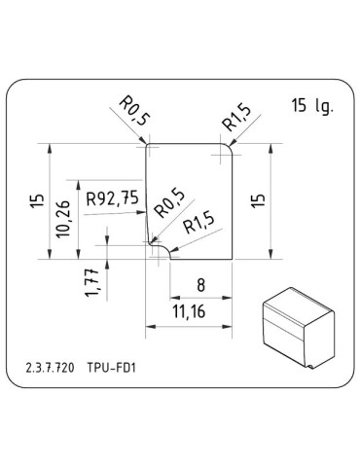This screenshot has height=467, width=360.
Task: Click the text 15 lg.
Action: (x=310, y=106)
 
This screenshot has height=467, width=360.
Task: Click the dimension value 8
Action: (x=200, y=286)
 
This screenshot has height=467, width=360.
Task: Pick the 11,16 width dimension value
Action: (x=189, y=312)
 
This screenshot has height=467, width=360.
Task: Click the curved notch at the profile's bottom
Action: (x=160, y=250)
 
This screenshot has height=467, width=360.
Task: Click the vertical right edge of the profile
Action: (x=236, y=204)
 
